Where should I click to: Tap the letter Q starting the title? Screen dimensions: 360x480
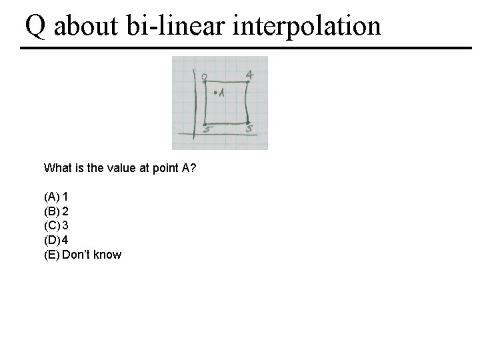(x=36, y=27)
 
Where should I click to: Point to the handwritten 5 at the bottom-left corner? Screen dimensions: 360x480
(x=207, y=129)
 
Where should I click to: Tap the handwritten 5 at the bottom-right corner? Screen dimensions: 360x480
(x=249, y=129)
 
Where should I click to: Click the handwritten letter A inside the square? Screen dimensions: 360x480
(x=221, y=94)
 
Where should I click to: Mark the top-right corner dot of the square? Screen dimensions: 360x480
(x=247, y=82)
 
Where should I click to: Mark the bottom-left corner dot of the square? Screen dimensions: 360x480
(x=205, y=123)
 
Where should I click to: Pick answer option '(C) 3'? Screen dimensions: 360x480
(x=56, y=225)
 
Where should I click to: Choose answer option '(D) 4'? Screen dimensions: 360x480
(x=56, y=240)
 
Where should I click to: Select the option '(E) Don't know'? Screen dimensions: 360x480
(x=83, y=255)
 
